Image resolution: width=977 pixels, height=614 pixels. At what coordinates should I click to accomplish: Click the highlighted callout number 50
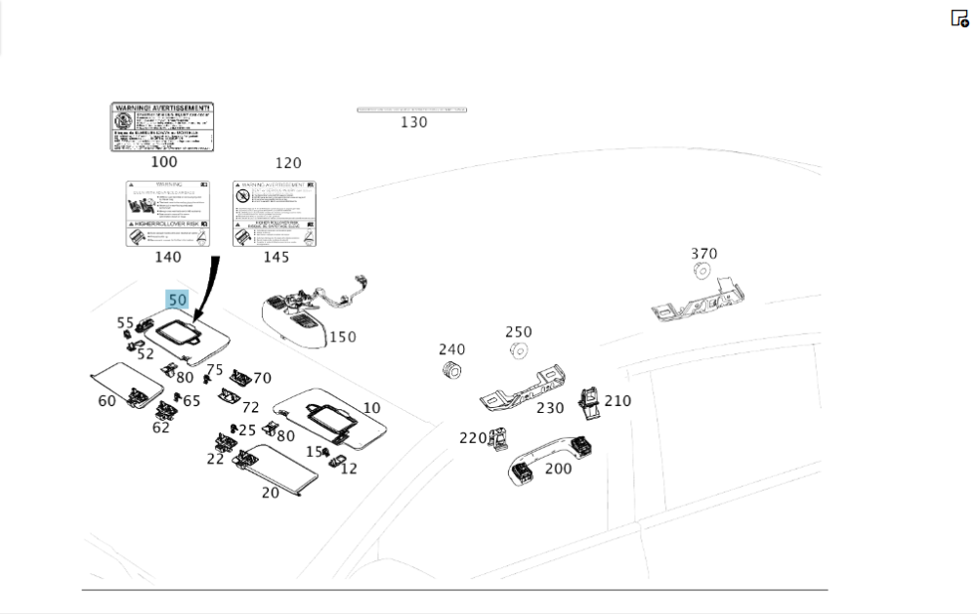177,300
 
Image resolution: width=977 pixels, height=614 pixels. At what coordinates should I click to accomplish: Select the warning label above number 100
161,127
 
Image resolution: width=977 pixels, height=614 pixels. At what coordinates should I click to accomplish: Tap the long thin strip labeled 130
411,110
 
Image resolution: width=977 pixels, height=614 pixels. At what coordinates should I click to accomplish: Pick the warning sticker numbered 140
168,213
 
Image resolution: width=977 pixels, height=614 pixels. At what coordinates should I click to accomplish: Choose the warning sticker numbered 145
276,213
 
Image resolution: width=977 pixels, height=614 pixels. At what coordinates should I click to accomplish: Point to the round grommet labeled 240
450,371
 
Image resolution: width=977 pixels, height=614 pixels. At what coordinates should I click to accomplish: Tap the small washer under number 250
519,349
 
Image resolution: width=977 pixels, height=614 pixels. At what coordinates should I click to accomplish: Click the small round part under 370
702,270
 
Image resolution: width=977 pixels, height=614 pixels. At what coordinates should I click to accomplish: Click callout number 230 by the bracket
550,408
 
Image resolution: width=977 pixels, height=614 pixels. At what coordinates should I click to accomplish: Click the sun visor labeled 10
332,416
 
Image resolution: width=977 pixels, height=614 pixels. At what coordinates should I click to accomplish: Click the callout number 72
251,407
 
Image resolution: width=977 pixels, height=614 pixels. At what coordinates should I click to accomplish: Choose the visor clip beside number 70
238,377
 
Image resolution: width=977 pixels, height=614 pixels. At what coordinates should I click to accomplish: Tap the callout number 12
349,469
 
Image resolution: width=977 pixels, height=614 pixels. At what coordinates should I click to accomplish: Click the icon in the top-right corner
959,18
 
